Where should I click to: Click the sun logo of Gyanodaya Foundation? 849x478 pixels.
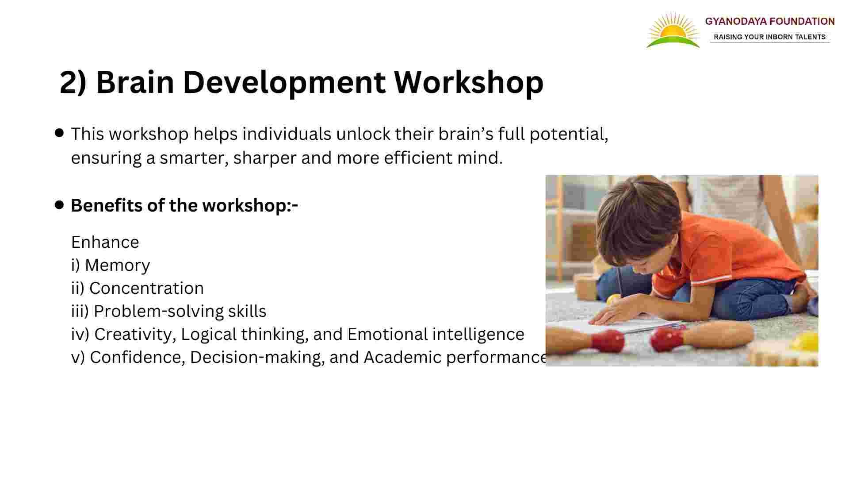[x=673, y=30]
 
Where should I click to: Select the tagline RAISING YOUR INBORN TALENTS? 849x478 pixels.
[x=770, y=37]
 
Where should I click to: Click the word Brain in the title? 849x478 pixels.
[x=135, y=82]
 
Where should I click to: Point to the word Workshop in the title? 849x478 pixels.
[x=469, y=83]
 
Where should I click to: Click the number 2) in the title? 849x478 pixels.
[x=73, y=83]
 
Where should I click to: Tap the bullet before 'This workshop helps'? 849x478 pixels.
[x=59, y=133]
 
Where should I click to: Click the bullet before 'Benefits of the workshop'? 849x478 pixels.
[x=59, y=204]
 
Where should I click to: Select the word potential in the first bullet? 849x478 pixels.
[x=569, y=134]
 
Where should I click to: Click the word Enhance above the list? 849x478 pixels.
[x=105, y=242]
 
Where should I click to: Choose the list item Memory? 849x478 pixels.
[x=117, y=266]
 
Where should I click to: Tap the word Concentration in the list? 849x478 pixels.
[x=146, y=288]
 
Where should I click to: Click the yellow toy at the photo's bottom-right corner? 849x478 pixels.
[x=804, y=342]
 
